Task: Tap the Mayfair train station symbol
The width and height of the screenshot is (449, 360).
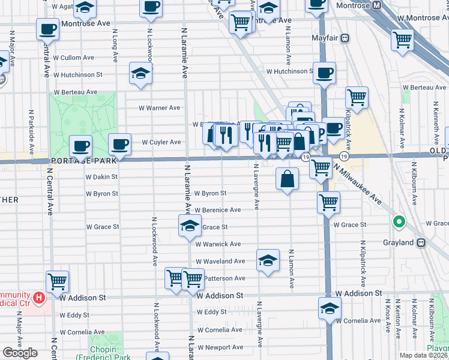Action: coord(345,38)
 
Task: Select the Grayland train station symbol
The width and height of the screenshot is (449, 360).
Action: coord(421,242)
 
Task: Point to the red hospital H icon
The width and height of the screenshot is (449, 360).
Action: coord(39,297)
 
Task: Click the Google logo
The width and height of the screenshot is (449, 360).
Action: coord(20,353)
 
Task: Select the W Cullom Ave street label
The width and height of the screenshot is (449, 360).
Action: coord(73,58)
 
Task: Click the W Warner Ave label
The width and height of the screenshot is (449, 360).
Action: coord(160,108)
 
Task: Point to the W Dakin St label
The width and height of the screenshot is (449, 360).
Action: coord(101,177)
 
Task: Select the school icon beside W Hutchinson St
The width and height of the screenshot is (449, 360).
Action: coord(140,74)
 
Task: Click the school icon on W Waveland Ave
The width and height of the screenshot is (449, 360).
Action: coord(268,260)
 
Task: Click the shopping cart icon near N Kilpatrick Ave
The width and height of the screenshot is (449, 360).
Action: coord(357,97)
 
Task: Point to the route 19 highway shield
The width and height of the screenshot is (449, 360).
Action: coord(306,157)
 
